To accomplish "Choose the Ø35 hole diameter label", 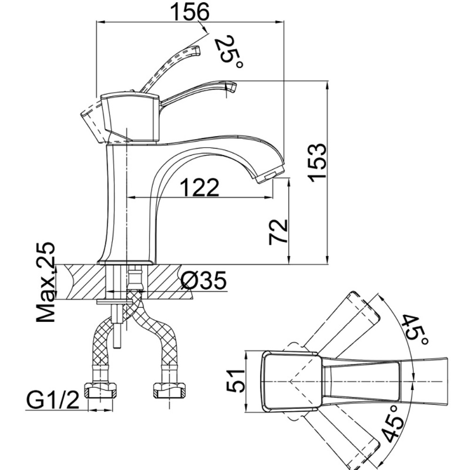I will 204,281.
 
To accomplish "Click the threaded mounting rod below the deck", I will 118,329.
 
